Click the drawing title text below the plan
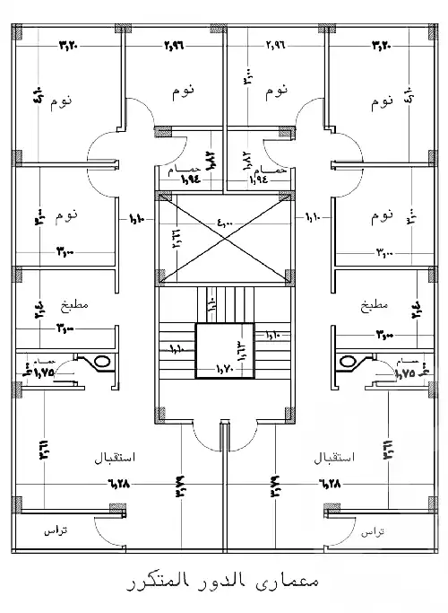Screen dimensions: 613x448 pos(224,582)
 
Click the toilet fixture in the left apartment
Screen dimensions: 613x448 pos(100,363)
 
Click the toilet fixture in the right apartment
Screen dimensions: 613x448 pos(348,363)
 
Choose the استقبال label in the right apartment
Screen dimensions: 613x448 pos(335,456)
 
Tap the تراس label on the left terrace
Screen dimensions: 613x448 pos(56,531)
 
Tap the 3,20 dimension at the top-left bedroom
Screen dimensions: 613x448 pos(69,43)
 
